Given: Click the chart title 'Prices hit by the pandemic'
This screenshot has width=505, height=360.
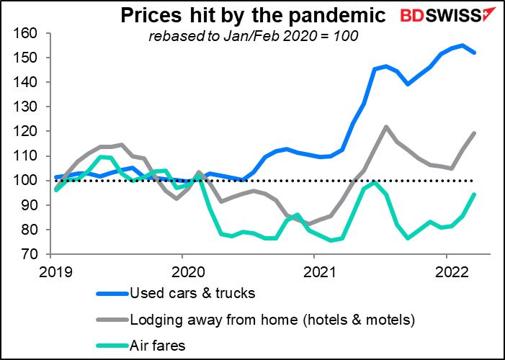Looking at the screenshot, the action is click(x=253, y=15).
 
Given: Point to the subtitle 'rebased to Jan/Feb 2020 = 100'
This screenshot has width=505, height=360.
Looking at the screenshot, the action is click(x=253, y=36).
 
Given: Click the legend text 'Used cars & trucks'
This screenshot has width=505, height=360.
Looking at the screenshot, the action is click(x=192, y=293).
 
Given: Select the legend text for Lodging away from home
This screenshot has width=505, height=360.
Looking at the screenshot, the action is click(x=272, y=320).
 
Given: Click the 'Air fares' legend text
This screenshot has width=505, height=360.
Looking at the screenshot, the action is click(x=158, y=346).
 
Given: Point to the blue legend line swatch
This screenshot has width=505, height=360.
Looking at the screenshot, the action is click(x=112, y=293).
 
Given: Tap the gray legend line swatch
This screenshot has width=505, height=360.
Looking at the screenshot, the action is click(x=112, y=320).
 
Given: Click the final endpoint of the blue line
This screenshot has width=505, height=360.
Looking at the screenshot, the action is click(x=475, y=53).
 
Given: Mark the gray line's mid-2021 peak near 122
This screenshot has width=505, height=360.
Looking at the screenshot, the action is click(x=386, y=127).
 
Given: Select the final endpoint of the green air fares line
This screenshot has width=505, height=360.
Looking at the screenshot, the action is click(x=475, y=194).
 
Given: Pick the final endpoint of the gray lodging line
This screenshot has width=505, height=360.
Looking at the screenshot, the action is click(x=475, y=133).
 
